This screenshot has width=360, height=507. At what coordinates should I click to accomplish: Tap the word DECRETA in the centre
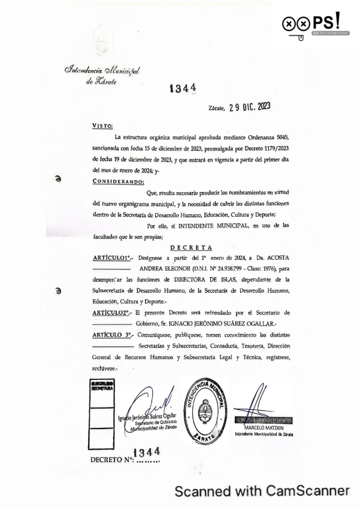coord(190,247)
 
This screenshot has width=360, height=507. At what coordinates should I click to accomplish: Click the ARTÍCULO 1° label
coord(112,257)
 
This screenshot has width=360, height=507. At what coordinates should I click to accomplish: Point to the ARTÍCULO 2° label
coord(112,313)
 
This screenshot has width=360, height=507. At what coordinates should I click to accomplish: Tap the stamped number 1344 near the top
coord(183,89)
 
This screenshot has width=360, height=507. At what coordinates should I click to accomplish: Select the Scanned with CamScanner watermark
coord(262,491)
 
